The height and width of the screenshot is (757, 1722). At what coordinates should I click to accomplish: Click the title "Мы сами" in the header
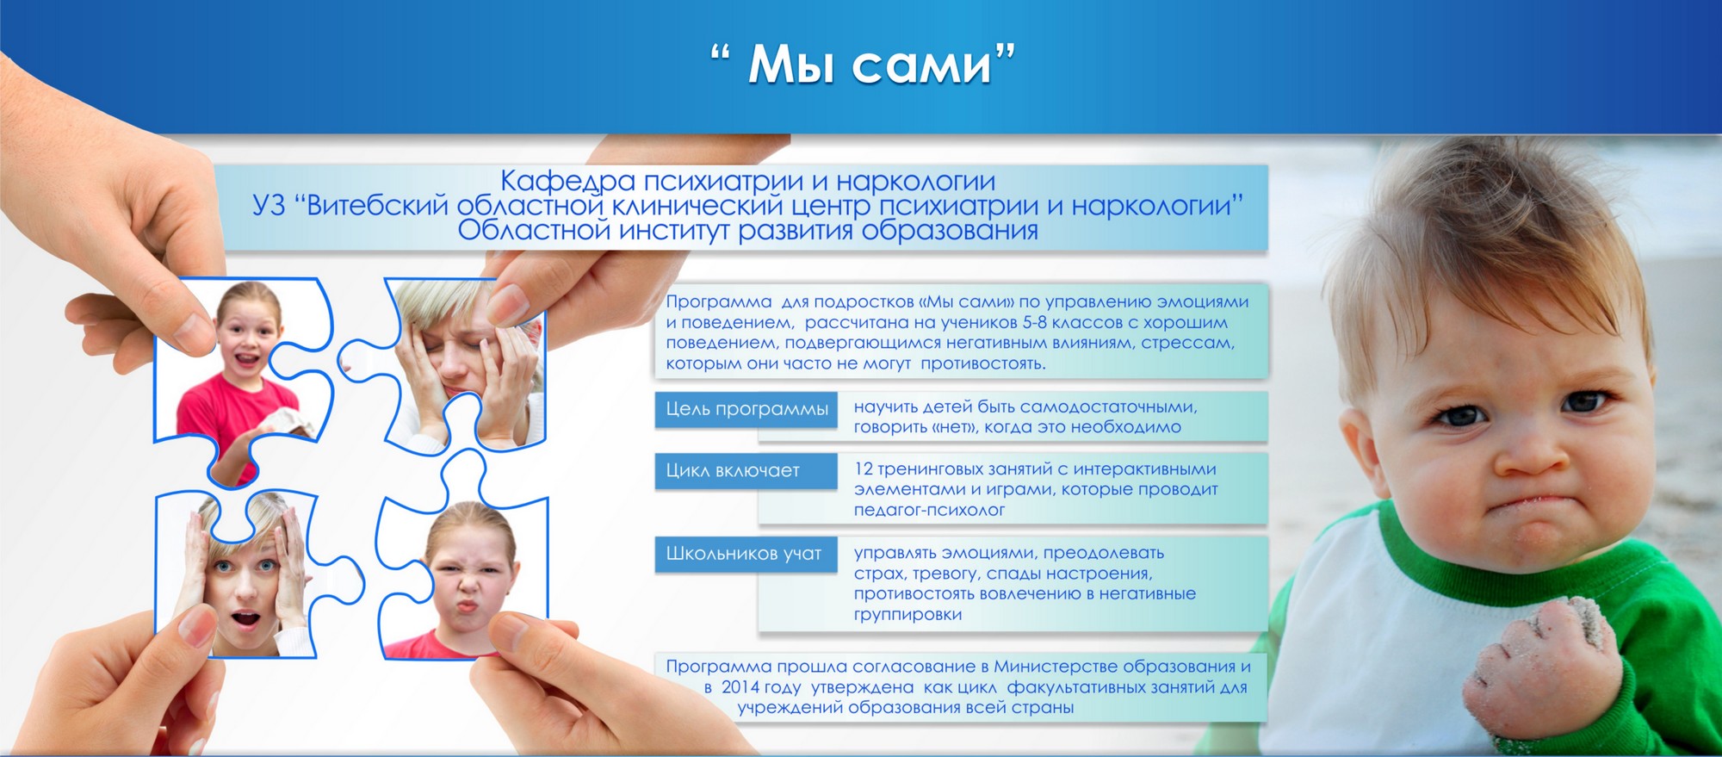[864, 64]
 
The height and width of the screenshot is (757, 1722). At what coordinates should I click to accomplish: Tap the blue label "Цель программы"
[746, 409]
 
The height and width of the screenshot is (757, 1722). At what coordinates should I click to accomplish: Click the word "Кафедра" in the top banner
[568, 182]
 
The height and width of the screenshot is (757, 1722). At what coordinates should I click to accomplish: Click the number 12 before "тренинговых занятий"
[864, 469]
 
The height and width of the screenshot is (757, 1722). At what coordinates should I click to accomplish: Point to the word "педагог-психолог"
[930, 511]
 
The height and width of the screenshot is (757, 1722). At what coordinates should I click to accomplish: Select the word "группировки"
[908, 615]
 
